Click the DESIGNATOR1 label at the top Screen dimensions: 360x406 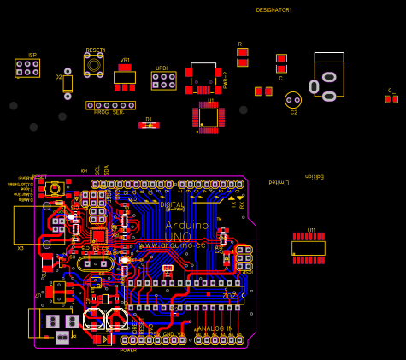pos(274,10)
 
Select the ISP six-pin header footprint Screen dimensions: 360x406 pos(27,68)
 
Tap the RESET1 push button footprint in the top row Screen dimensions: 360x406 pos(94,64)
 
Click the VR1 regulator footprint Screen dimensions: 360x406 pos(125,77)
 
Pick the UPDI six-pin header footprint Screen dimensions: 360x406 pos(163,80)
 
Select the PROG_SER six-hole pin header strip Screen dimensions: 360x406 pos(110,105)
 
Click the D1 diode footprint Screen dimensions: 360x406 pos(149,126)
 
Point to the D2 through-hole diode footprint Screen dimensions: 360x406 pos(68,83)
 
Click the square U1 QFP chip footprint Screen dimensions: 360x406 pos(209,117)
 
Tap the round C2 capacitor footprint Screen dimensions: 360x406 pos(293,100)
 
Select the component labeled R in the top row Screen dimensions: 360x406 pos(243,57)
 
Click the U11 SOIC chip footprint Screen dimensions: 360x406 pos(309,248)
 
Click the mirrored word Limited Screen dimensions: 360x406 pos(278,182)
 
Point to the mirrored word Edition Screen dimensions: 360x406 pos(315,177)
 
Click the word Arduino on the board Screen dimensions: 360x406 pos(186,225)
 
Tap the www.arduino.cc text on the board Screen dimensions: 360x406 pos(172,245)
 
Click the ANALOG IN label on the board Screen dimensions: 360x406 pos(215,328)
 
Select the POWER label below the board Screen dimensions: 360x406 pos(128,350)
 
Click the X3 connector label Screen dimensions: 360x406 pos(21,248)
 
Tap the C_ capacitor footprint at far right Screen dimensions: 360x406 pos(391,99)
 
